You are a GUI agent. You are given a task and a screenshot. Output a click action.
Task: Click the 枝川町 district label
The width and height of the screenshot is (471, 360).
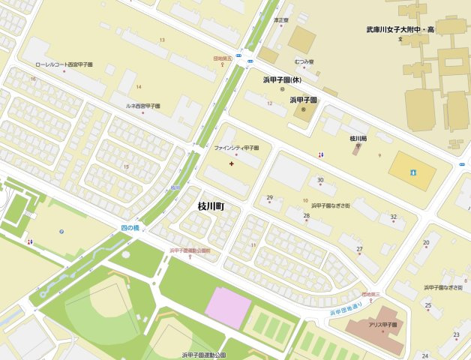211,205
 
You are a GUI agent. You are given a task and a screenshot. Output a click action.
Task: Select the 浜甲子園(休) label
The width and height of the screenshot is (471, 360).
282,79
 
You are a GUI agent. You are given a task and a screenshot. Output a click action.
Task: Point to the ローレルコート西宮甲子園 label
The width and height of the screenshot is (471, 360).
64,64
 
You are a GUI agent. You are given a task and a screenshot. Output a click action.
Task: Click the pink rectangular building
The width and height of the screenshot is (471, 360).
228,307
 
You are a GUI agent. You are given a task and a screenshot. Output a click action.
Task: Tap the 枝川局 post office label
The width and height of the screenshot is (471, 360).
358,138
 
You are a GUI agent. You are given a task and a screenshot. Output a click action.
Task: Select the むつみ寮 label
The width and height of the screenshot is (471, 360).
304,61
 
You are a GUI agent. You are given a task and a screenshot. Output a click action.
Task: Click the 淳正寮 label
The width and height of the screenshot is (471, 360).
281,20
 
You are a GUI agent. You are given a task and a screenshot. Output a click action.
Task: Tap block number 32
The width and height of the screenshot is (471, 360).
393,217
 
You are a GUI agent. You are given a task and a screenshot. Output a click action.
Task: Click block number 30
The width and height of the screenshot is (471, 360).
320,180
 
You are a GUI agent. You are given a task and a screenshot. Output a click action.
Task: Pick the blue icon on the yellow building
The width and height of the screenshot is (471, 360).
412,172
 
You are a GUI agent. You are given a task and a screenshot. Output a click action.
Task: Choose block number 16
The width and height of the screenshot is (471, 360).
33,78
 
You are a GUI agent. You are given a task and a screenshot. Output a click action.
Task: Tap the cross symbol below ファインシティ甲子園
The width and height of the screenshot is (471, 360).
231,163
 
